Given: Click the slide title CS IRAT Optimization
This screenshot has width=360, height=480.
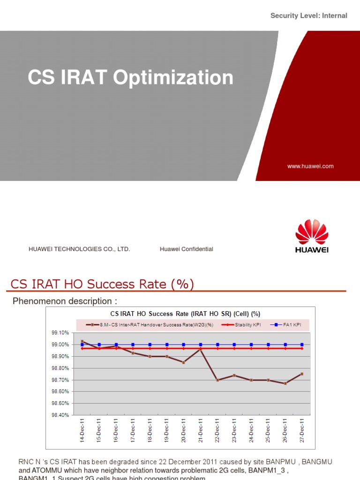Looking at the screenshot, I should point(130,78).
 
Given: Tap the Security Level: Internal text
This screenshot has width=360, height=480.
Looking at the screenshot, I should point(308,16).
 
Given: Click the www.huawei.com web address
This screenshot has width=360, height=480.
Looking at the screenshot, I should point(311,166).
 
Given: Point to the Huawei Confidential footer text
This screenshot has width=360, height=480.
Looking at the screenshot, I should point(186,249).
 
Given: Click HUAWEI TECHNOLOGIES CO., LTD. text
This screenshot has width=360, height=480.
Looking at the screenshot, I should point(79,249).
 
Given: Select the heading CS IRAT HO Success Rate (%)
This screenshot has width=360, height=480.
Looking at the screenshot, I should point(102,284).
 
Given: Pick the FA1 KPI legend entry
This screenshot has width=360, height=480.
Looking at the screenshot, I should point(290,324).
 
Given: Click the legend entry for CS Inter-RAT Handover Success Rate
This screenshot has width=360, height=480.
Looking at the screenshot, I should point(152,324).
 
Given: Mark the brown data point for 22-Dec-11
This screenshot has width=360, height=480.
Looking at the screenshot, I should point(217,380).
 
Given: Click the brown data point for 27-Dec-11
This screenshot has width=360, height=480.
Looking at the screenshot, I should point(302,374).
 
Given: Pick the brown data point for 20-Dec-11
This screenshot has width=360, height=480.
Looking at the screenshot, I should point(184,362).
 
